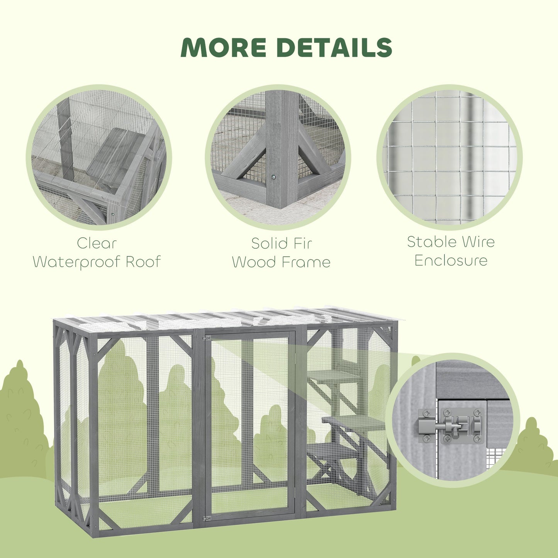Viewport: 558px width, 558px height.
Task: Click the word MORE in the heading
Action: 223,47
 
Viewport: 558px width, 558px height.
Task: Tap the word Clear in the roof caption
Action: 97,243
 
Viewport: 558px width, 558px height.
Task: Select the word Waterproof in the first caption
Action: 77,262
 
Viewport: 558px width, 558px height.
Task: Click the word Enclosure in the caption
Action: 451,260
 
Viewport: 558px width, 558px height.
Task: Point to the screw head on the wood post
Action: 273,177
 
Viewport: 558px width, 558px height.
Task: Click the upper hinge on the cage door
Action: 207,339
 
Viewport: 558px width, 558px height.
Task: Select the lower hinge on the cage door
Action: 207,518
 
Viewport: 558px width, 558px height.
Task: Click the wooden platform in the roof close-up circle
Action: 112,154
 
